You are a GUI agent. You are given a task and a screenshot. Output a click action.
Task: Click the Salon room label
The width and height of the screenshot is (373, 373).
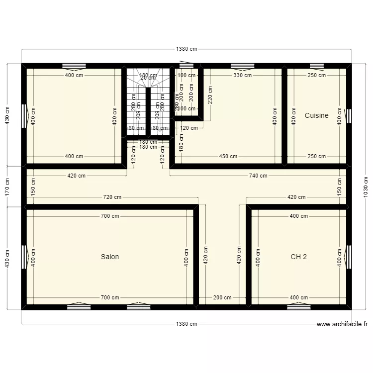click(x=110, y=257)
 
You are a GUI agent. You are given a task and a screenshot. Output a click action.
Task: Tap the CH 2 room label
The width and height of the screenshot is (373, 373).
click(x=298, y=257)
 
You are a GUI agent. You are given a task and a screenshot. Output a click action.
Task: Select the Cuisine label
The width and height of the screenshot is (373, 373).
click(x=316, y=115)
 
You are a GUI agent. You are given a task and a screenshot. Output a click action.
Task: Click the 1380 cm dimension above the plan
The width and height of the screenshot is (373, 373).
click(x=186, y=49)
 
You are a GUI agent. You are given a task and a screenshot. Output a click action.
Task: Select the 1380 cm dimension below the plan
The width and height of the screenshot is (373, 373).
click(x=186, y=324)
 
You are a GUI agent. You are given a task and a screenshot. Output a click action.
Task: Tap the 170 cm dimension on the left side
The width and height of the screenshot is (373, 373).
click(x=7, y=186)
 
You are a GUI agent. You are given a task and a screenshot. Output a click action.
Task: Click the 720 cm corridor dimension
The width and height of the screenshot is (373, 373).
click(x=112, y=197)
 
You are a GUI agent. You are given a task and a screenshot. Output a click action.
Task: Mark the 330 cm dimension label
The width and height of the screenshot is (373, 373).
click(x=242, y=76)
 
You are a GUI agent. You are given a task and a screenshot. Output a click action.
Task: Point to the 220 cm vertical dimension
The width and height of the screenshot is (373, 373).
click(x=210, y=94)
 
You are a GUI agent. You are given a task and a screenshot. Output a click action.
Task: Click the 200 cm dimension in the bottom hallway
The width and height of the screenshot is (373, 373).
click(x=222, y=298)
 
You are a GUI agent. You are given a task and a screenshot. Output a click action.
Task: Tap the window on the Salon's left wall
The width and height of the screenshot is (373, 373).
click(x=24, y=258)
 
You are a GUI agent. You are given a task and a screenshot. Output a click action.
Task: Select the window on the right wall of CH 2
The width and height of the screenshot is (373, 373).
click(x=349, y=258)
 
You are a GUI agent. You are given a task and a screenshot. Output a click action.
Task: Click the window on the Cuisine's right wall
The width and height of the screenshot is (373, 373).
click(x=349, y=116)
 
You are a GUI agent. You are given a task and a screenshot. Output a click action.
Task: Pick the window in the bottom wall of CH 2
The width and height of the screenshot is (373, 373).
click(x=298, y=307)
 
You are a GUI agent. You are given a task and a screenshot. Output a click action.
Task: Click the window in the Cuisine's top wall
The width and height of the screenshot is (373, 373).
click(x=316, y=66)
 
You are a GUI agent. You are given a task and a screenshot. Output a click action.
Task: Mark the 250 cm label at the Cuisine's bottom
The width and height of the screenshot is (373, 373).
click(x=316, y=156)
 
